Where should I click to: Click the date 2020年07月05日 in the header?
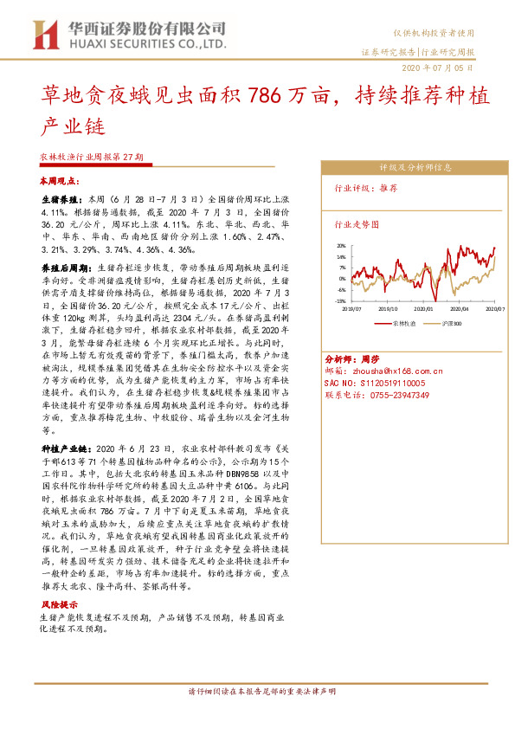coord(437,67)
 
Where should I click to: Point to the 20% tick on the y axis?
coord(342,246)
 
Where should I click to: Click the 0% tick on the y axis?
coord(344,279)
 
